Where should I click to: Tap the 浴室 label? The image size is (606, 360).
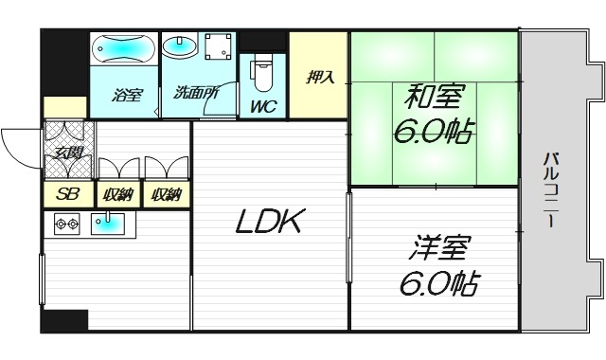[x=124, y=96]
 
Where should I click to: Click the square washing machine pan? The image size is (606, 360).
[x=219, y=46]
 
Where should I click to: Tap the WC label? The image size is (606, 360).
[x=263, y=106]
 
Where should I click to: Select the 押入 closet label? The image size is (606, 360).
[x=319, y=77]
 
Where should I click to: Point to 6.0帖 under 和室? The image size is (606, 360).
[x=436, y=130]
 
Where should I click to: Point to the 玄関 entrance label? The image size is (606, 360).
[x=68, y=151]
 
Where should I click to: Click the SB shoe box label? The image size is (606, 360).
[x=68, y=195]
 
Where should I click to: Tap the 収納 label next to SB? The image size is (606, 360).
[x=118, y=195]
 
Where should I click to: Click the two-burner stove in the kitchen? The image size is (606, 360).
[x=66, y=225]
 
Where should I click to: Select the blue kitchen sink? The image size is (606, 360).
[x=107, y=225]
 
